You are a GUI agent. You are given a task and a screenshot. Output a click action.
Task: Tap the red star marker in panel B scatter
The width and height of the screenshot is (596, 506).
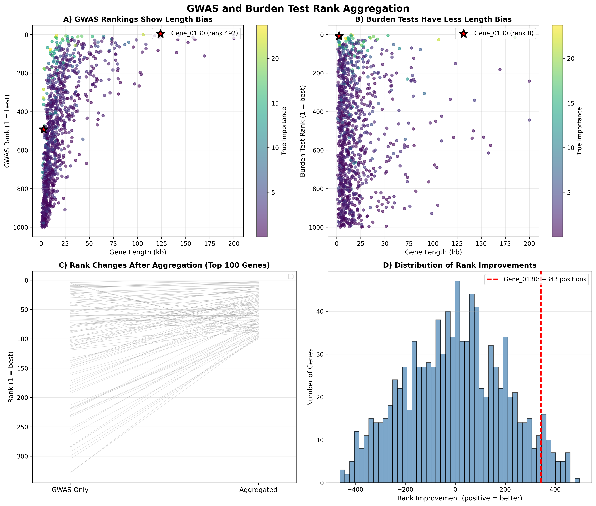tap(339, 36)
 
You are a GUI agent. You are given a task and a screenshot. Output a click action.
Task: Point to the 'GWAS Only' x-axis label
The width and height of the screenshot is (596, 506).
tap(70, 490)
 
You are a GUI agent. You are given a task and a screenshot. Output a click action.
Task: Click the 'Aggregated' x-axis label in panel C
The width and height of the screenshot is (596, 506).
tap(258, 490)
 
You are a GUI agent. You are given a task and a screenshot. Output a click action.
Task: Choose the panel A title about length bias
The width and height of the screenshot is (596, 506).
tap(138, 19)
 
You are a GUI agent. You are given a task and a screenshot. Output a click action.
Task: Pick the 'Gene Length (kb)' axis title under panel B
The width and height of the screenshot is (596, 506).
tap(433, 252)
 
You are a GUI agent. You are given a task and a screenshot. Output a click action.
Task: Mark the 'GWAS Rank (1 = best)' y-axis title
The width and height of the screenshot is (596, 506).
tap(7, 131)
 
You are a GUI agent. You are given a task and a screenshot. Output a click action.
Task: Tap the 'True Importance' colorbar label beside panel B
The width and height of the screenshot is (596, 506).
tap(579, 131)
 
